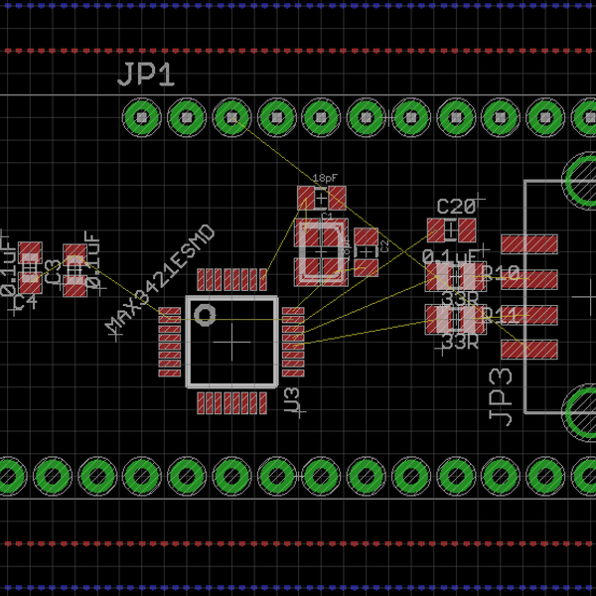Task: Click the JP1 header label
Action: click(147, 75)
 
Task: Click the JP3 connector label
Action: click(501, 396)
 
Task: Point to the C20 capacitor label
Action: click(456, 207)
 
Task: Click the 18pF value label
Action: click(325, 178)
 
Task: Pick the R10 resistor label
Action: click(500, 273)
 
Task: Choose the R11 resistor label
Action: click(500, 316)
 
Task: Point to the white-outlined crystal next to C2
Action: click(321, 252)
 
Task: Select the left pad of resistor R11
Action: click(438, 319)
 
